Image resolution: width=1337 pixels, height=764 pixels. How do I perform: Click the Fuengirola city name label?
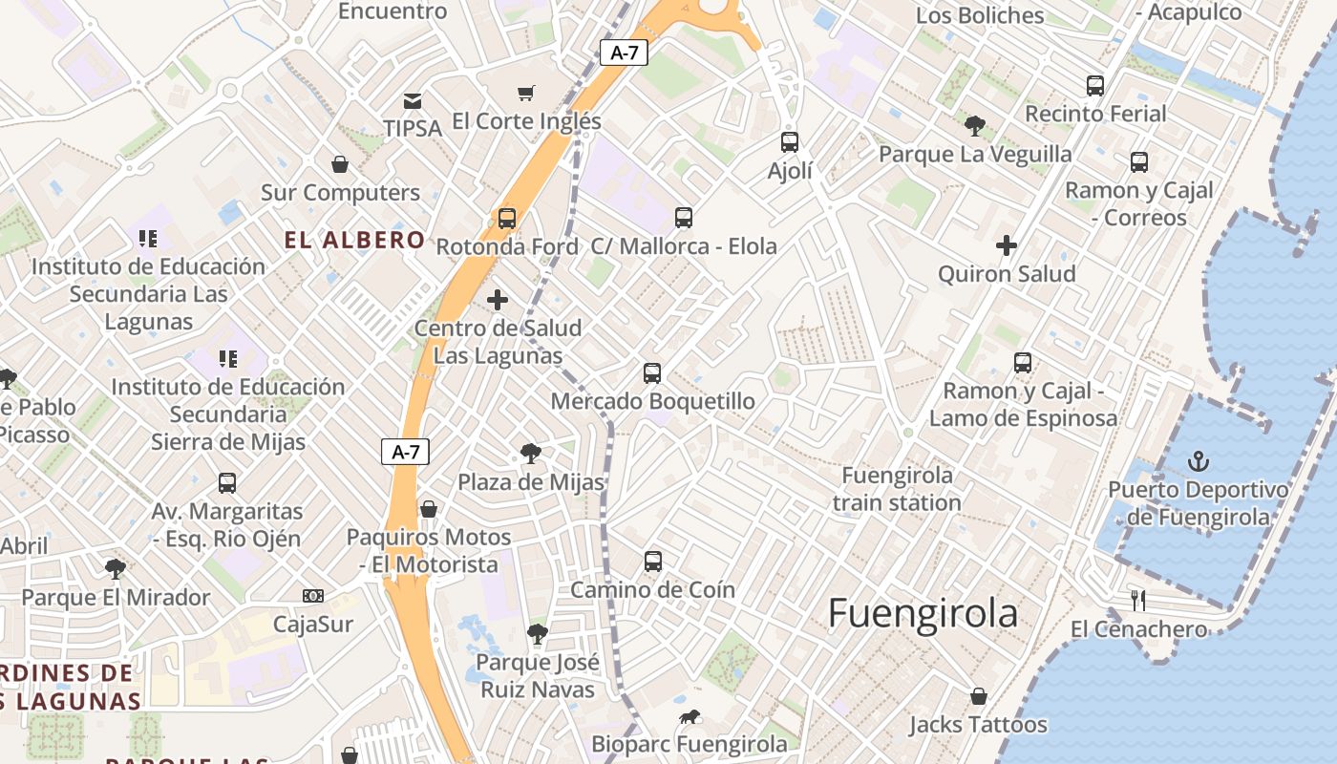point(923,614)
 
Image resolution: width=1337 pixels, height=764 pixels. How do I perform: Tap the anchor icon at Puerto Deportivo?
point(1198,462)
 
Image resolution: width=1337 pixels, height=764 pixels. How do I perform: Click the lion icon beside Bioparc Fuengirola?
point(690,717)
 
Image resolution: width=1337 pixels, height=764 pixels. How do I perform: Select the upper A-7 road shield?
point(624,53)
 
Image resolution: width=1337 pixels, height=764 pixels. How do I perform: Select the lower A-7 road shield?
point(406,452)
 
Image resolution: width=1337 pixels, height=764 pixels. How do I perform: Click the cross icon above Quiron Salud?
point(1007,245)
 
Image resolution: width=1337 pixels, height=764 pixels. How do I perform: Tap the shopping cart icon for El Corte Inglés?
point(526,93)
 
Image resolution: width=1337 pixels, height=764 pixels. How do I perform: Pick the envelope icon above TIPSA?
point(413,100)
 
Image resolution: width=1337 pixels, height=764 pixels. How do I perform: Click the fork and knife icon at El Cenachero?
point(1138,601)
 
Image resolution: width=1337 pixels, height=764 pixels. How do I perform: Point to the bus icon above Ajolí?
point(790,142)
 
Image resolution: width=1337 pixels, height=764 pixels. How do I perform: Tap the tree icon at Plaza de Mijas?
point(531,454)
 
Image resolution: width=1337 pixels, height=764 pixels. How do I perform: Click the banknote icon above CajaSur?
point(312,596)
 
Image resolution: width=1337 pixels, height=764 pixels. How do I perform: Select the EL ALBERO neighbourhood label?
point(354,240)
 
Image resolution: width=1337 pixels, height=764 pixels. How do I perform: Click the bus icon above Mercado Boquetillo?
point(652,372)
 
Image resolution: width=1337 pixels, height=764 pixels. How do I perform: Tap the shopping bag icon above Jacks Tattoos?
point(978,696)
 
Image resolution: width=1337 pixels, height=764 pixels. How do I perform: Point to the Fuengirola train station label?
point(897,489)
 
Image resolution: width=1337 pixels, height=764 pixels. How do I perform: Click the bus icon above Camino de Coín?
point(653,561)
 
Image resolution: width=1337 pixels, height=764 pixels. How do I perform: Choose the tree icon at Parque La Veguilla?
point(975,125)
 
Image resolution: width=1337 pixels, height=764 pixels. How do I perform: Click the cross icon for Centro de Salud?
point(498,300)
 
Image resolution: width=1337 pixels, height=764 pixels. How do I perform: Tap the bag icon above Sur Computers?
point(340,164)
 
